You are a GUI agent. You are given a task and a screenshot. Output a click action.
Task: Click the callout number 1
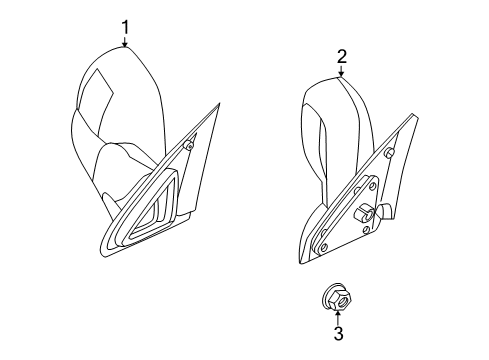(x=126, y=27)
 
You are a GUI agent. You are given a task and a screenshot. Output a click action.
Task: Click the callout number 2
(x=341, y=57)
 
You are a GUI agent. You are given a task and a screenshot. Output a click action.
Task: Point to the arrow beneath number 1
(x=126, y=42)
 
